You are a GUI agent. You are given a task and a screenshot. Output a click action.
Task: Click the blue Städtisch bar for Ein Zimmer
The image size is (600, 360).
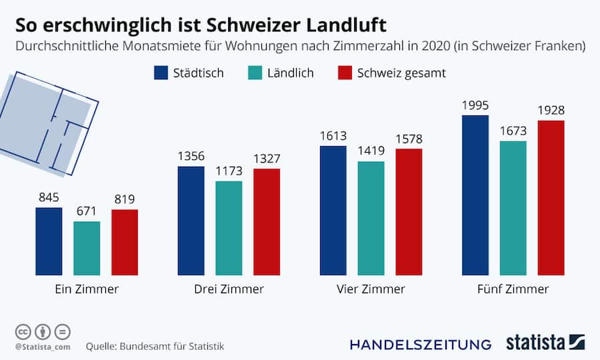click(x=49, y=241)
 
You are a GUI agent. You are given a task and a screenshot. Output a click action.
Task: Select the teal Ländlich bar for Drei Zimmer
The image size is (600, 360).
click(x=229, y=228)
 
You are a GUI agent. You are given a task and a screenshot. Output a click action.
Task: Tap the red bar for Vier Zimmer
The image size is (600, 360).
click(x=409, y=212)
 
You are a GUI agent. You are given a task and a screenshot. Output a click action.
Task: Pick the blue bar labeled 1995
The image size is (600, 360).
click(x=475, y=195)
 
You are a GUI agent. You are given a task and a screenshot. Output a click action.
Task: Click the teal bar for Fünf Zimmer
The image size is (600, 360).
click(x=513, y=208)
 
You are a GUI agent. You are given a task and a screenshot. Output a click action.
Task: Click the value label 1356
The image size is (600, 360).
click(x=191, y=157)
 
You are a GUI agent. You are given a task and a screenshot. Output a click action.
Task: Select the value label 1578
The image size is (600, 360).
click(x=409, y=139)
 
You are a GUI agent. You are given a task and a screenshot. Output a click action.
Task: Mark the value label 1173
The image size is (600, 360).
click(x=229, y=171)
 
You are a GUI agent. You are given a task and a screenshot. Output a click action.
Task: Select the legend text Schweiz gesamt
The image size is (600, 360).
click(x=402, y=73)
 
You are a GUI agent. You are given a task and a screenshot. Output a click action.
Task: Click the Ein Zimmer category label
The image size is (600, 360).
click(x=87, y=289)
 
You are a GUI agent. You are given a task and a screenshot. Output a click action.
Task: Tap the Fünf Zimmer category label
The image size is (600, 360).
click(x=513, y=289)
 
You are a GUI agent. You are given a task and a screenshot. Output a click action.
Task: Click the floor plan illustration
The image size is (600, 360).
click(x=47, y=123)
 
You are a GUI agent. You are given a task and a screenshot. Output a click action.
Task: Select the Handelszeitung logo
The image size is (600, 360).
click(x=421, y=344)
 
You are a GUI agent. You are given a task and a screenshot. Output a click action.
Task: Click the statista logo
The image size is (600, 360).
click(x=545, y=343)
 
